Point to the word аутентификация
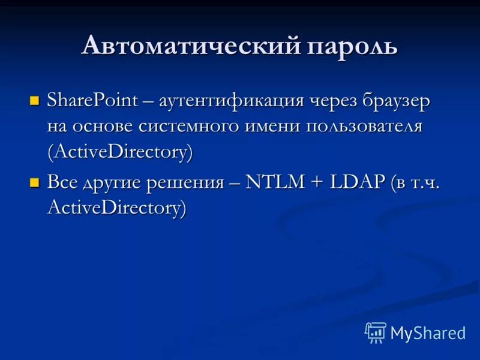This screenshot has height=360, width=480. tap(232, 100)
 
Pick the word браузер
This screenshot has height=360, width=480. tap(396, 100)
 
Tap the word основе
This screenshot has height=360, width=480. tap(103, 126)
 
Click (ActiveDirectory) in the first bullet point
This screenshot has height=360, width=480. tap(120, 152)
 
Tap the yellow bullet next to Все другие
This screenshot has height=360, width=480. tap(34, 182)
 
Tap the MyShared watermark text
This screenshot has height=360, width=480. tap(428, 334)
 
